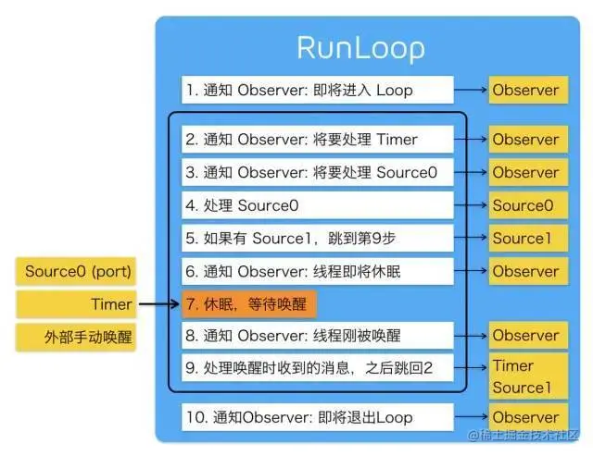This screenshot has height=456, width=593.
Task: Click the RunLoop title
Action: coord(360,47)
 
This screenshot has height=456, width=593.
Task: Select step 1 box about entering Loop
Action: coord(318,90)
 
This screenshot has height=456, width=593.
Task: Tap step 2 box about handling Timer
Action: coord(318,140)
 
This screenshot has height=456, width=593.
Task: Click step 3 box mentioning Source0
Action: coord(318,172)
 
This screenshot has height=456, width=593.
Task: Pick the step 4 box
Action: coord(318,205)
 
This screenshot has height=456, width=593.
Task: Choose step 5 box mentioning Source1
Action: coord(318,238)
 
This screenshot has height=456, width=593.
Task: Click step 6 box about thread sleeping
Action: coord(318,271)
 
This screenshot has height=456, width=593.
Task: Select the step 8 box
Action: coord(318,336)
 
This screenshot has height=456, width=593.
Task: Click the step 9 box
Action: coord(318,368)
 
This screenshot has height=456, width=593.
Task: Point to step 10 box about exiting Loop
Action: coord(318,417)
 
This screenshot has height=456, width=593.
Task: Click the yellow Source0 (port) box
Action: coord(78,272)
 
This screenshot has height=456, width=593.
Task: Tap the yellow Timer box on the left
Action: coord(78,303)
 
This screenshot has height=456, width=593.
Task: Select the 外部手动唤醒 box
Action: coord(78,336)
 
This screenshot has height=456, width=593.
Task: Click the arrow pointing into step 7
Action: coord(158,303)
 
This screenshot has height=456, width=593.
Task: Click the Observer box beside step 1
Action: coord(525,90)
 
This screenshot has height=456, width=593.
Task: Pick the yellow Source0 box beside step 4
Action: coord(525,205)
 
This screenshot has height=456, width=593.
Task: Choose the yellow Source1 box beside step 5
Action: coord(525,238)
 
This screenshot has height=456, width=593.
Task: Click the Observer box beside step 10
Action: coord(525,417)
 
